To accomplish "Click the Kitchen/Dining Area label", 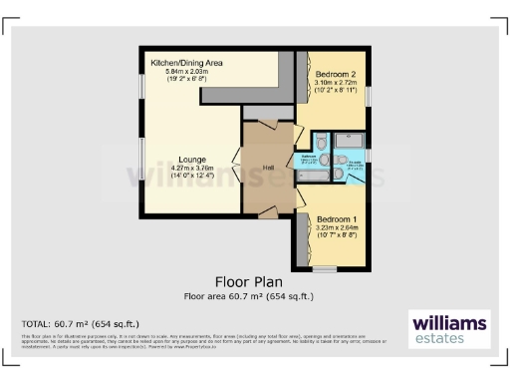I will coord(186,63).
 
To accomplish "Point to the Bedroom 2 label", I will coord(335,75).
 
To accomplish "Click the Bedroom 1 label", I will coord(337,218).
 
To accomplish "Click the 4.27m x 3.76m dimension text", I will coord(192,169).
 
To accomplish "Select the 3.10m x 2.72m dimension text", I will coord(335,84).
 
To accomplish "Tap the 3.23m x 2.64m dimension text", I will coord(337,227).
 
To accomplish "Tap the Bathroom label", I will coord(310,159).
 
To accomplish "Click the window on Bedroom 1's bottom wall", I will coord(324,268).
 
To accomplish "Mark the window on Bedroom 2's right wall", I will coord(371,93).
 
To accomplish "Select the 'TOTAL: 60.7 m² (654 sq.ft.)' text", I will coord(81,324).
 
